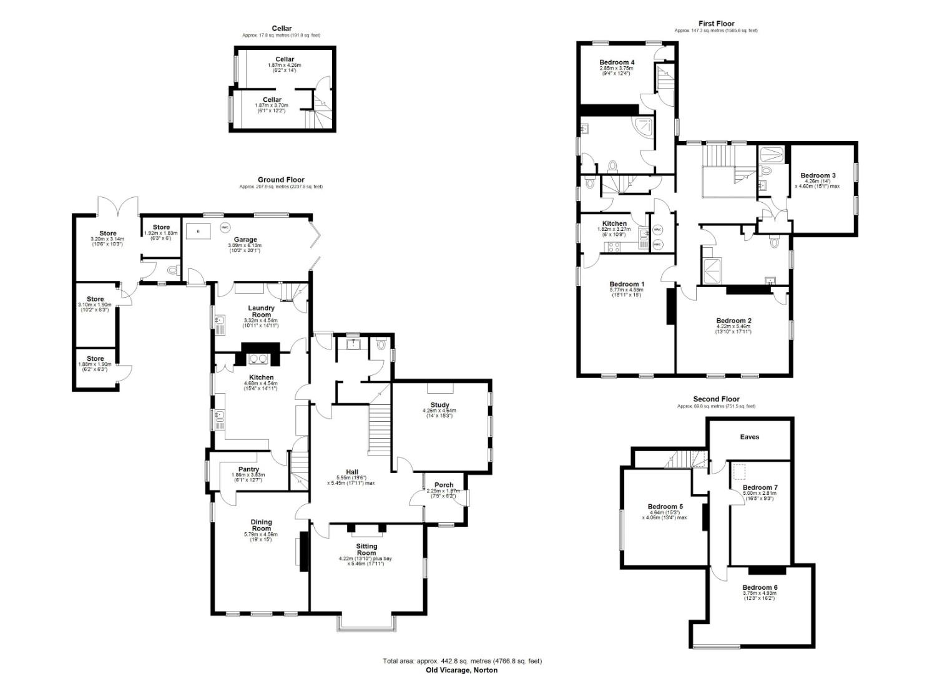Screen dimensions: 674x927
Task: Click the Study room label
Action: (x=439, y=405)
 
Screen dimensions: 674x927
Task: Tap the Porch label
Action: (x=444, y=485)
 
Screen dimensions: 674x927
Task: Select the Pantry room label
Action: (x=248, y=469)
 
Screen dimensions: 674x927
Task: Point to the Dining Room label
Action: (x=261, y=525)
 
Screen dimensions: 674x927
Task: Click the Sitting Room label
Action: (x=366, y=549)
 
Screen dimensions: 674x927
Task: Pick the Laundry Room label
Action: (x=261, y=311)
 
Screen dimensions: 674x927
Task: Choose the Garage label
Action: (x=245, y=240)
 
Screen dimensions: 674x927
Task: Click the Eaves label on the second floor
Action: (x=749, y=437)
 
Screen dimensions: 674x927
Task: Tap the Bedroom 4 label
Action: (x=617, y=62)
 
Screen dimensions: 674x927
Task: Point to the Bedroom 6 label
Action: (x=760, y=587)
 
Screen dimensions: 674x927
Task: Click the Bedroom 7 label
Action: (x=760, y=487)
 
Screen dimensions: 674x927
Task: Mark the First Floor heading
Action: (x=716, y=24)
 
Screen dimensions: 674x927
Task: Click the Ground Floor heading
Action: (x=281, y=180)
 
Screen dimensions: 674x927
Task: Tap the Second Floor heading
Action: (x=716, y=399)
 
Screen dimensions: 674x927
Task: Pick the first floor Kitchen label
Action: (x=614, y=223)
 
